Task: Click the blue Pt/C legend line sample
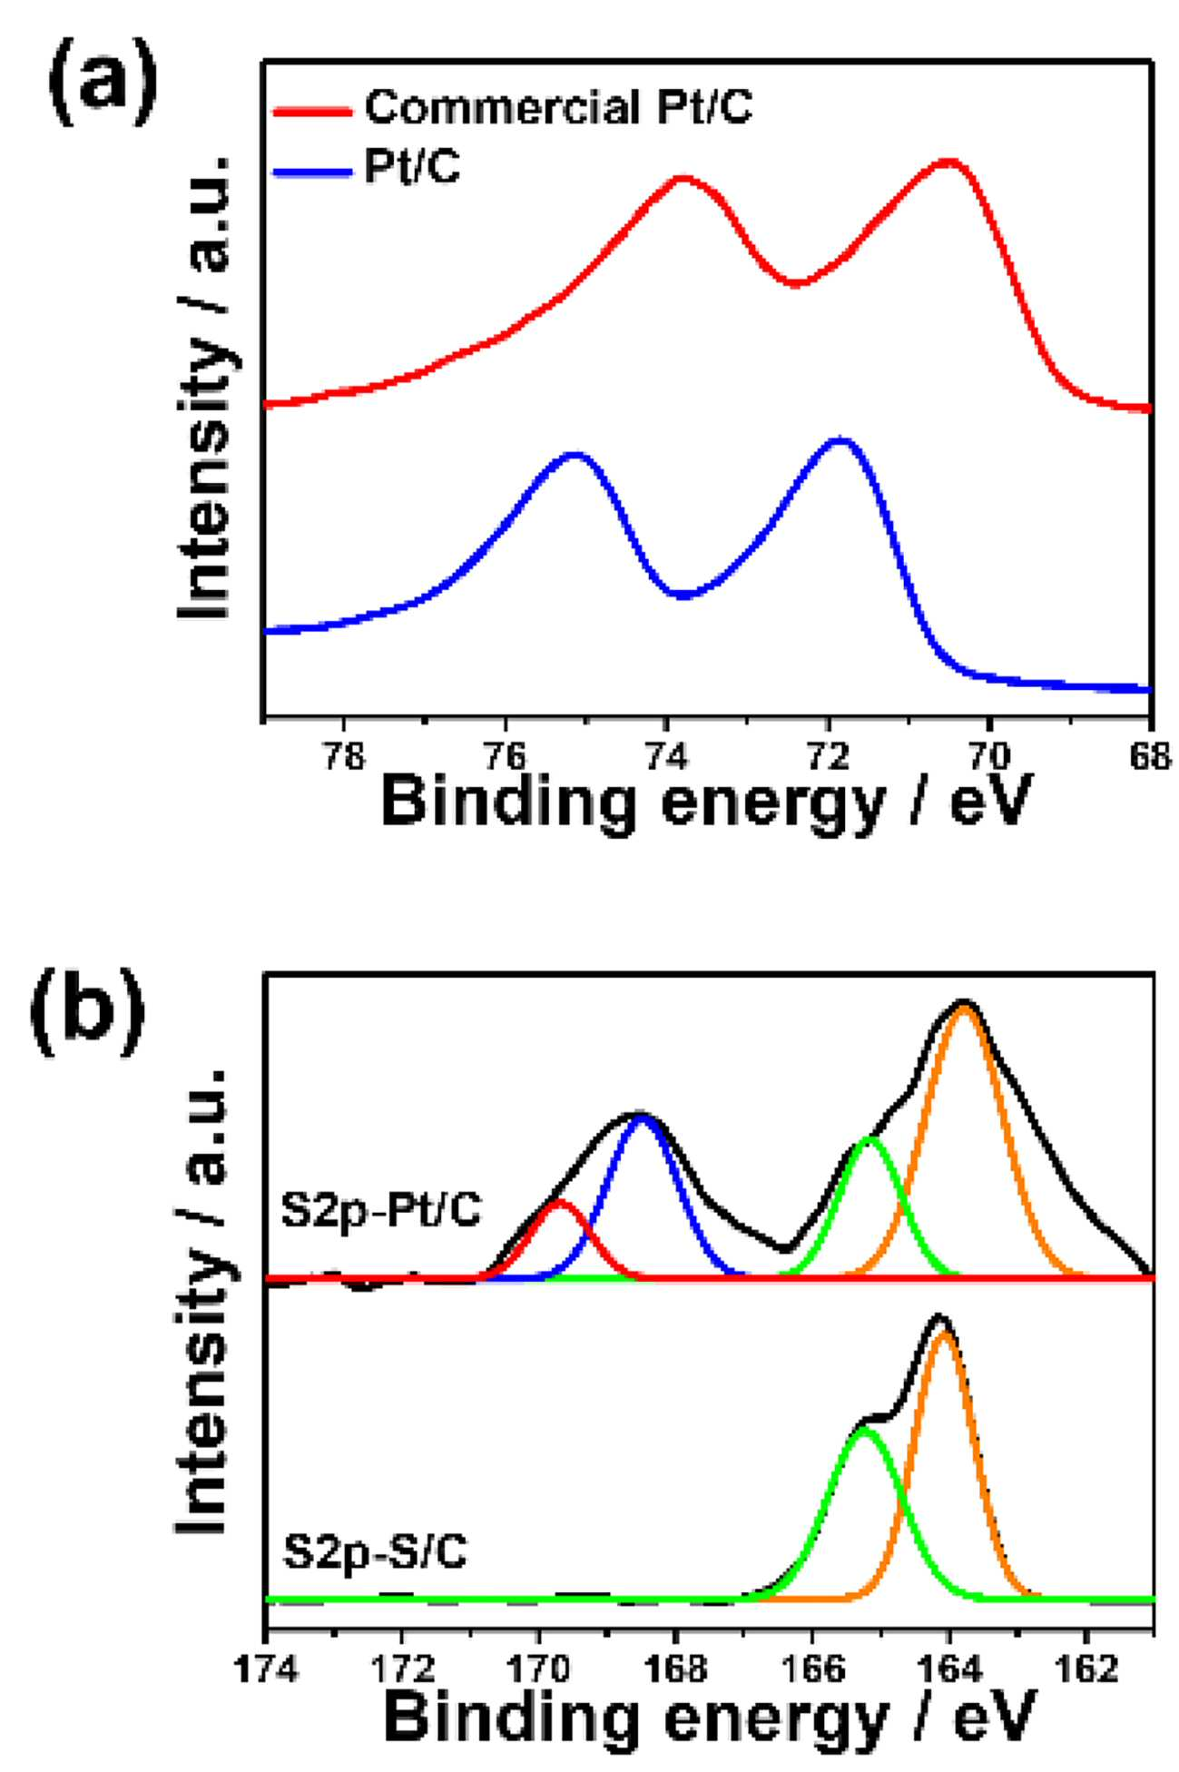pyautogui.click(x=311, y=172)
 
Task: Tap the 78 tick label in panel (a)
pyautogui.click(x=343, y=757)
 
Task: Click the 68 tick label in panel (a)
pyautogui.click(x=1151, y=757)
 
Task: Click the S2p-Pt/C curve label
pyautogui.click(x=381, y=1213)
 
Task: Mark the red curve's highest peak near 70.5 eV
pyautogui.click(x=948, y=162)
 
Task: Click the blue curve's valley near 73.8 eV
pyautogui.click(x=685, y=595)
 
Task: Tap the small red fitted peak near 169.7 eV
pyautogui.click(x=559, y=1204)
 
